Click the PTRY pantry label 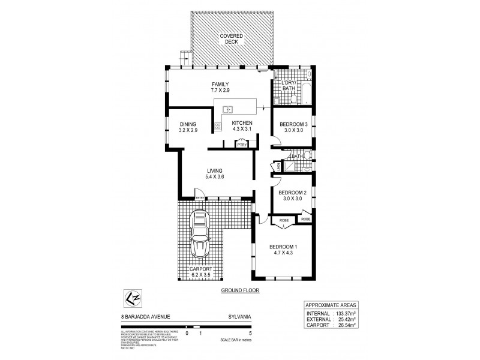coord(242,145)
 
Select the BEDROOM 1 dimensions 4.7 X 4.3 coord(283,253)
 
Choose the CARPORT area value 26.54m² coord(349,325)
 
